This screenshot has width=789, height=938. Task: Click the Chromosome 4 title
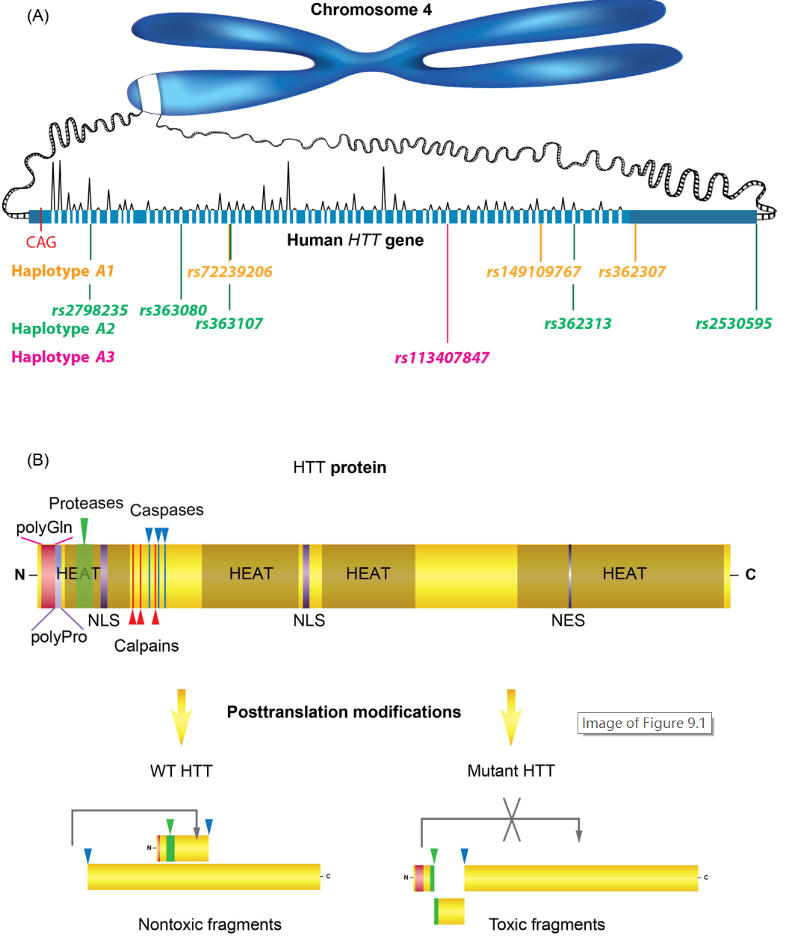(x=371, y=10)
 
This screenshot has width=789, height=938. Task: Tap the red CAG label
(x=41, y=242)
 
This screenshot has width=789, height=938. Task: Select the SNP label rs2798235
(x=90, y=310)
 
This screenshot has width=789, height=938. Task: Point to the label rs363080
(x=173, y=310)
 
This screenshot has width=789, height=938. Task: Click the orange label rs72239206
(x=229, y=272)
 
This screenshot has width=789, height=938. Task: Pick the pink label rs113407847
(x=442, y=358)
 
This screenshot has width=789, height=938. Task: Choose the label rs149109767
(x=533, y=272)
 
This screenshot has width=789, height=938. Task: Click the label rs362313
(x=578, y=324)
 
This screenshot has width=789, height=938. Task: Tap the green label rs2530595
(x=733, y=324)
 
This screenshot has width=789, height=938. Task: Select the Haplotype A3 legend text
(x=63, y=357)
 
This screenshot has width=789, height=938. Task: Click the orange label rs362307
(x=631, y=272)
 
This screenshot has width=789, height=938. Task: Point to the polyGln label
(x=44, y=528)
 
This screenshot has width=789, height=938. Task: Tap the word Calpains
(x=146, y=646)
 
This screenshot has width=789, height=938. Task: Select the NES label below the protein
(x=568, y=621)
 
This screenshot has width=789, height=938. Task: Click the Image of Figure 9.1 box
(x=644, y=723)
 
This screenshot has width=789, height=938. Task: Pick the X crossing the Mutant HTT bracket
(x=511, y=819)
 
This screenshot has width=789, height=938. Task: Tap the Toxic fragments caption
(x=546, y=925)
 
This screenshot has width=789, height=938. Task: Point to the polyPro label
(x=58, y=638)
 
